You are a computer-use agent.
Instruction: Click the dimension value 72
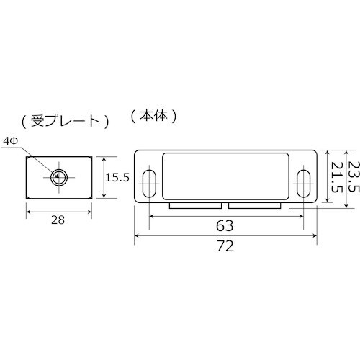[x=226, y=245]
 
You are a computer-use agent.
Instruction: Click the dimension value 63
[x=226, y=225]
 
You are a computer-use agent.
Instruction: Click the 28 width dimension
[x=59, y=222]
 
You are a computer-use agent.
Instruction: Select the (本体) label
[x=153, y=115]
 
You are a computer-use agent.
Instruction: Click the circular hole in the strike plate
[x=59, y=176]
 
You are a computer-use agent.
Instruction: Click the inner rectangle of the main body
[x=226, y=177]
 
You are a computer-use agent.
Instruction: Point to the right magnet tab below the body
[x=254, y=206]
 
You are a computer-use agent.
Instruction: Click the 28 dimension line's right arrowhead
[x=90, y=212]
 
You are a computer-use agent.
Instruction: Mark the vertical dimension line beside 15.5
[x=106, y=177]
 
